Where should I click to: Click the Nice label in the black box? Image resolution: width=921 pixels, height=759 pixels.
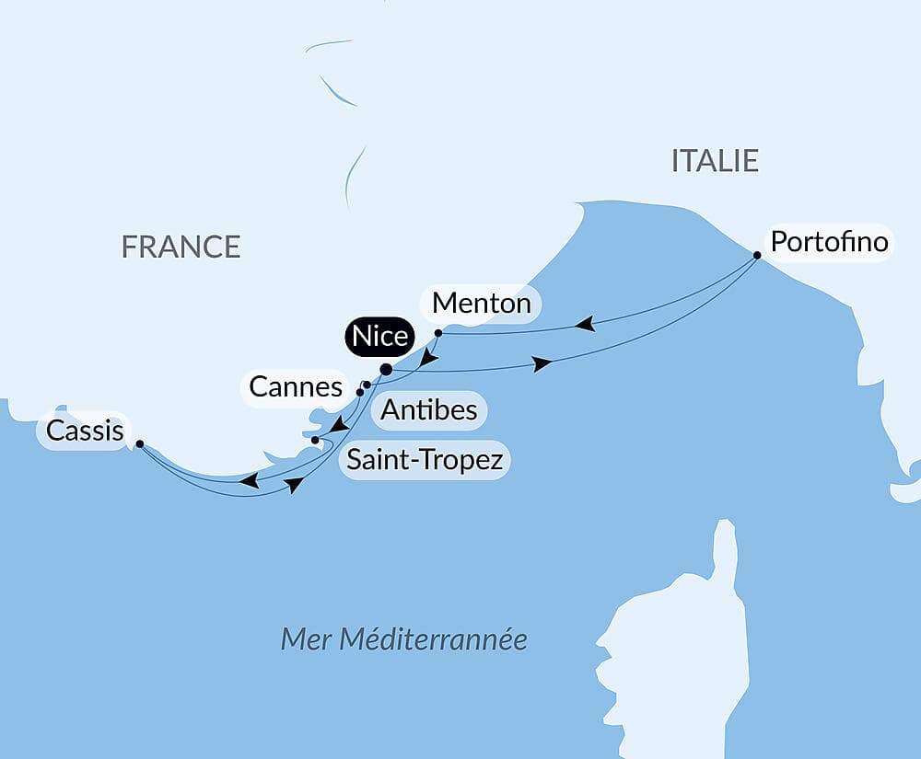click(379, 337)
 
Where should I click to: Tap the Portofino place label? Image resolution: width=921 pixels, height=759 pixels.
click(829, 242)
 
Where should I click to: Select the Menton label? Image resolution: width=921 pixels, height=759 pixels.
click(481, 303)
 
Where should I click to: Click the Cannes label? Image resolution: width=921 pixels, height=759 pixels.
click(296, 387)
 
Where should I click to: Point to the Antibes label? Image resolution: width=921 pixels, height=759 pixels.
click(429, 409)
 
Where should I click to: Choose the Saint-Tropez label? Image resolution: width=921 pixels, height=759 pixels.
click(425, 459)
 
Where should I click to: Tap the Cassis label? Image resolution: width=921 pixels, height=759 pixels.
click(85, 431)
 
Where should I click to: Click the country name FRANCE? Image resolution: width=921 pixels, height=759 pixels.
click(181, 247)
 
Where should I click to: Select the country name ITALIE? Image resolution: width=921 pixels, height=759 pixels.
click(715, 161)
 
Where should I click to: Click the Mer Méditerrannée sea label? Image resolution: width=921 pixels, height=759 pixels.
click(403, 638)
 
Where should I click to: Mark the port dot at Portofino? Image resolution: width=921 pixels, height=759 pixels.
click(757, 255)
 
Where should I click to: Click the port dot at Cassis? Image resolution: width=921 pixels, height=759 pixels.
click(139, 443)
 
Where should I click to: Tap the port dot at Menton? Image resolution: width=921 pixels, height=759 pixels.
click(438, 332)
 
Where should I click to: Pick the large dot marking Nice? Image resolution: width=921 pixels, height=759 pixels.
click(386, 370)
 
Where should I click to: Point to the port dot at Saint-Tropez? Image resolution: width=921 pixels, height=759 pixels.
click(315, 441)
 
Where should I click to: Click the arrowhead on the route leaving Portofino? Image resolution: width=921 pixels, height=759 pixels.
click(584, 324)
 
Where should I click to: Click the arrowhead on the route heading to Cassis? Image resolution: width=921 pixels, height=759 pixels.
click(249, 480)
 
